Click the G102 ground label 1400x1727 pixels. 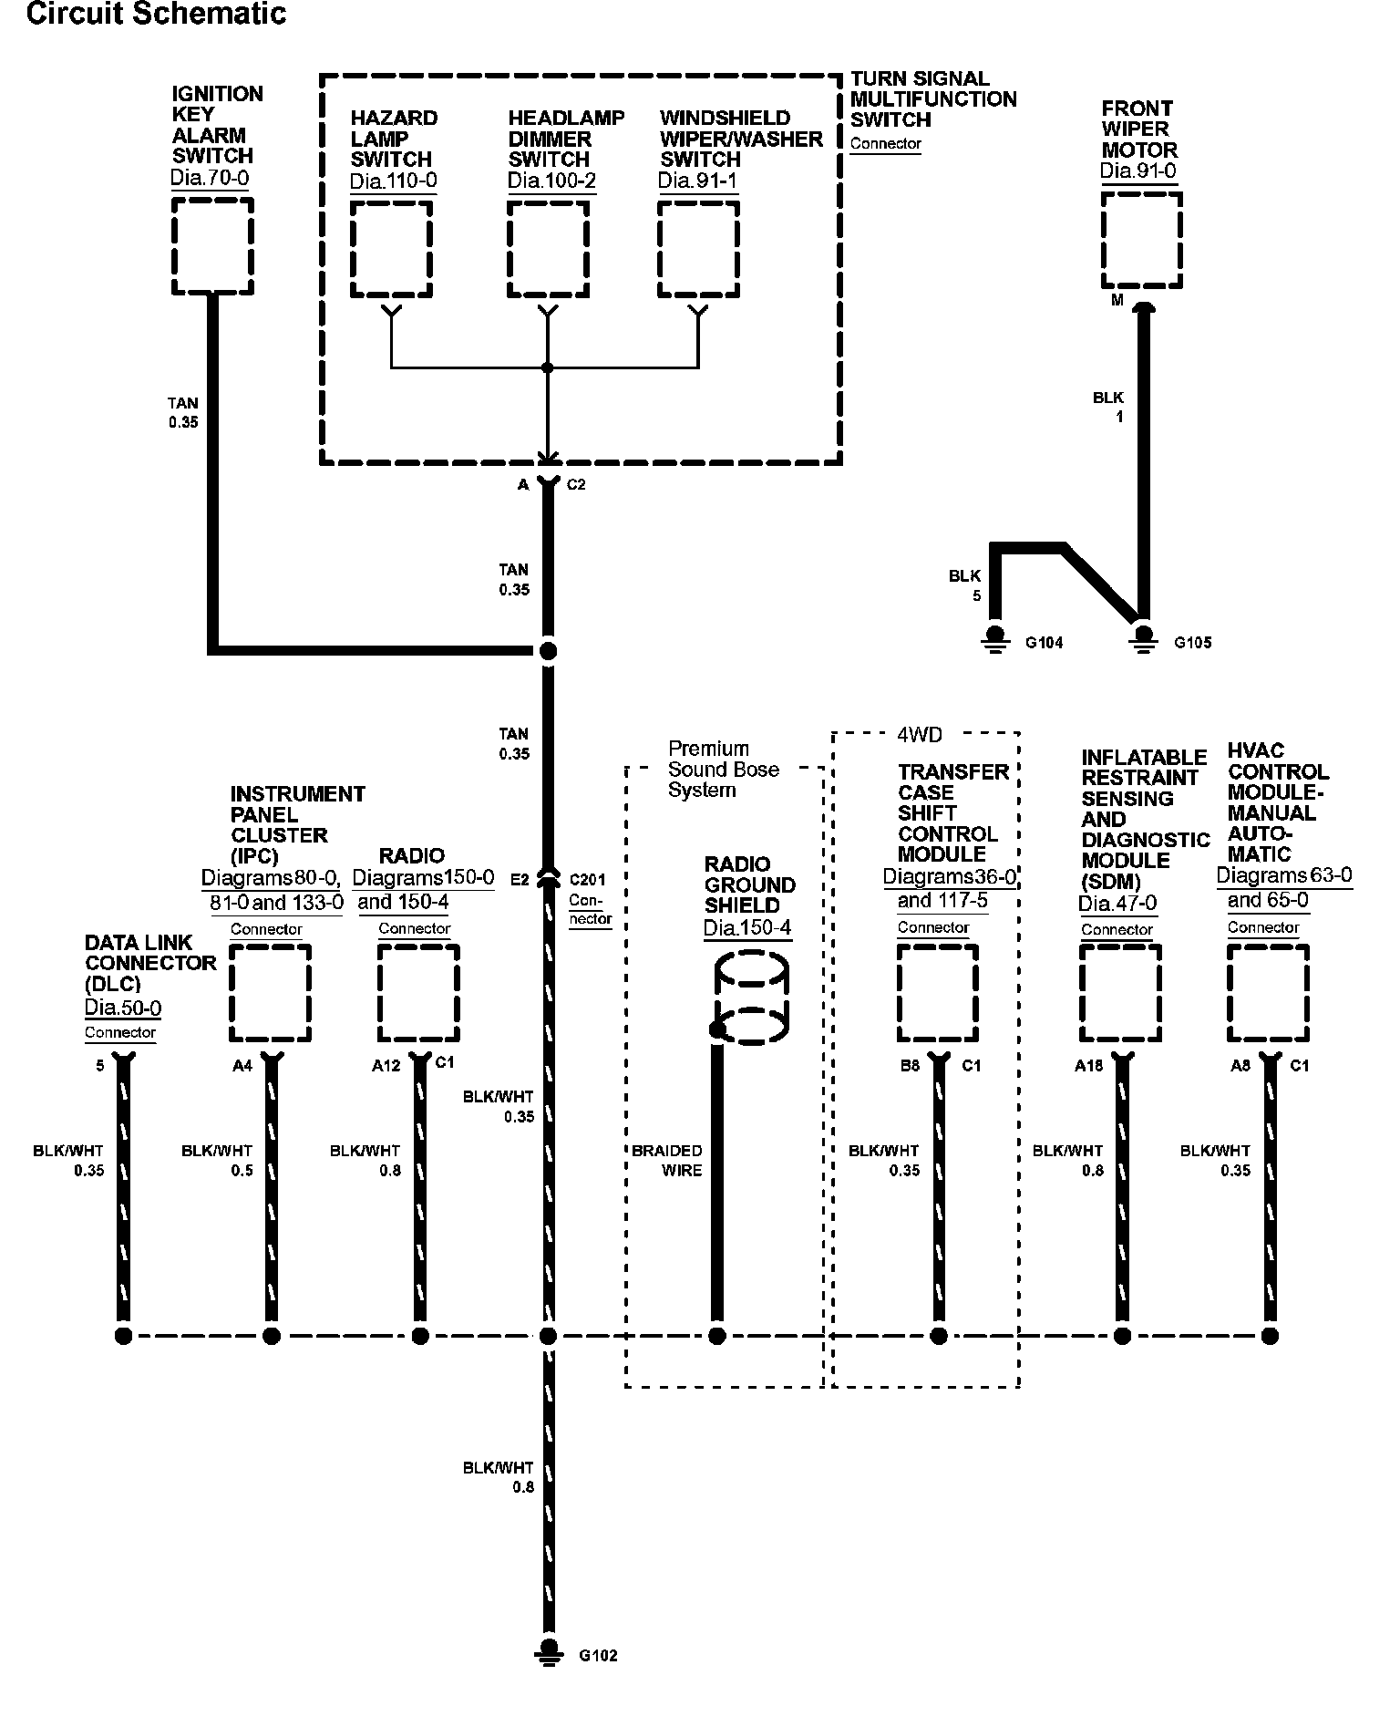[598, 1655]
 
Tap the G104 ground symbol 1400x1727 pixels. [995, 640]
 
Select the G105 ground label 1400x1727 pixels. [1192, 642]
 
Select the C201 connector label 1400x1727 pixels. [587, 880]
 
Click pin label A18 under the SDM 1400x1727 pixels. [1089, 1065]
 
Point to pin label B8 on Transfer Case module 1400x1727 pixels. [910, 1065]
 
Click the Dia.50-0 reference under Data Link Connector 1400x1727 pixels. [123, 1008]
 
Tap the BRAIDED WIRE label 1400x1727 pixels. [667, 1160]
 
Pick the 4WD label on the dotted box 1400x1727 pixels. [920, 734]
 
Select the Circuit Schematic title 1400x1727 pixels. [156, 14]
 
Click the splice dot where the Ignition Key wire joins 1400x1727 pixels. [548, 650]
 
